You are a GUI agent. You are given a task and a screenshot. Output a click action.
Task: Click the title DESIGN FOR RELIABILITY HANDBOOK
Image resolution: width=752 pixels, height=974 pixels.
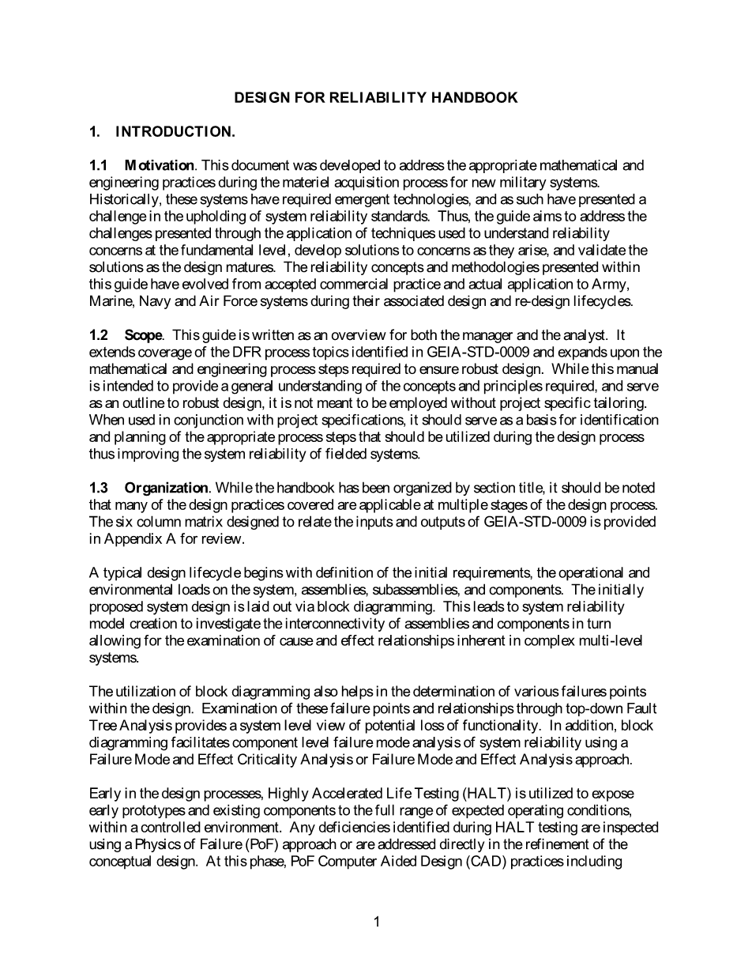click(376, 98)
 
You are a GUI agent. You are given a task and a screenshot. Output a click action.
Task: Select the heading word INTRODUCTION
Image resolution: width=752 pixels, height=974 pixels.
click(175, 132)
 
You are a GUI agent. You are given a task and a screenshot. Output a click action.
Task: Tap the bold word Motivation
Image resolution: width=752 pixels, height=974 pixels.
click(160, 165)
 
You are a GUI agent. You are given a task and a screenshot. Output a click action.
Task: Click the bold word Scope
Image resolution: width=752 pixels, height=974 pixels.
click(143, 335)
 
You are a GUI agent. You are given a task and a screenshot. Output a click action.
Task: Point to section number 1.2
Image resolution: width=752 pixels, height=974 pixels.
click(98, 335)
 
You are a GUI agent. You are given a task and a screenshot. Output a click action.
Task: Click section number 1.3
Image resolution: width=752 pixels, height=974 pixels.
click(98, 488)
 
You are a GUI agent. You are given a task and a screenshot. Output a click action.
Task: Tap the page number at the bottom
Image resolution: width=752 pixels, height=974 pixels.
click(377, 921)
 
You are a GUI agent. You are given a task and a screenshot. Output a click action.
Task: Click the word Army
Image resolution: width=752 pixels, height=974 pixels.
click(611, 284)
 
